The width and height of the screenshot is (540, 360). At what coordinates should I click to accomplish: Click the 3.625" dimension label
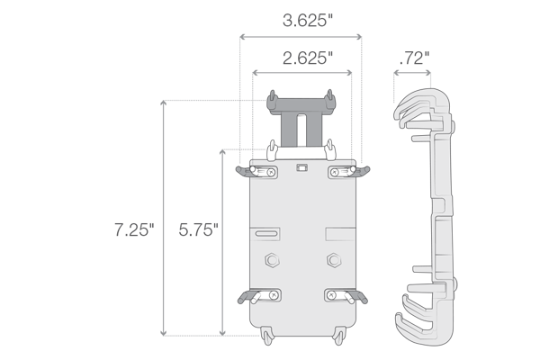pyautogui.click(x=308, y=21)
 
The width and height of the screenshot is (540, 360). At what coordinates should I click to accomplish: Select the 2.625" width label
pyautogui.click(x=308, y=58)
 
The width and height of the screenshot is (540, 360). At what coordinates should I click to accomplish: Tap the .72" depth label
pyautogui.click(x=414, y=58)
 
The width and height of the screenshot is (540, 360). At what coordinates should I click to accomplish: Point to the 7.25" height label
pyautogui.click(x=134, y=229)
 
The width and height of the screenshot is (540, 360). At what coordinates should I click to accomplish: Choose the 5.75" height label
pyautogui.click(x=198, y=229)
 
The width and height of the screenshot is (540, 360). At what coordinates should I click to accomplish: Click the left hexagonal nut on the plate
pyautogui.click(x=272, y=260)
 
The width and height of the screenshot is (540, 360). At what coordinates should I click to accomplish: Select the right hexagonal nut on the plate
pyautogui.click(x=333, y=260)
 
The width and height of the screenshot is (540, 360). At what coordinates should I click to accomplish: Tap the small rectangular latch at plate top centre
pyautogui.click(x=302, y=167)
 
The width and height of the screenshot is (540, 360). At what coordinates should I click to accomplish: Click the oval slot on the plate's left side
pyautogui.click(x=266, y=234)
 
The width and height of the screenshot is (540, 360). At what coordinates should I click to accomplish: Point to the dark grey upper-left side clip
pyautogui.click(x=244, y=171)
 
